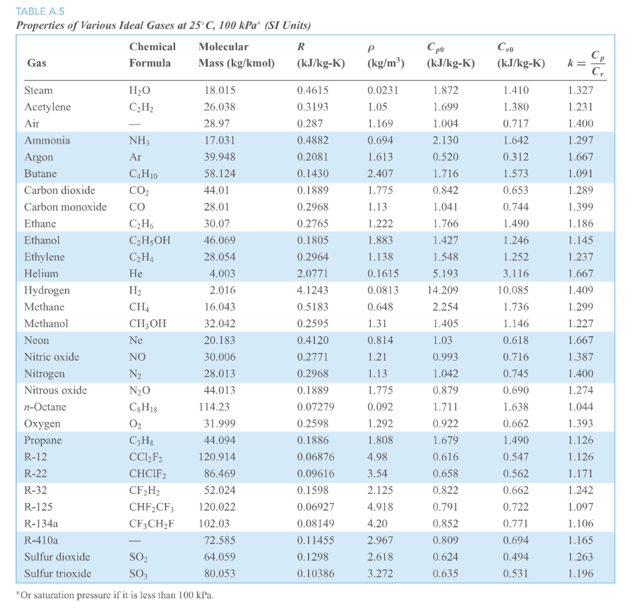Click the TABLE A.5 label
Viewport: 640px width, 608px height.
[40, 11]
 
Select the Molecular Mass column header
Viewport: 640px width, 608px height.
[236, 55]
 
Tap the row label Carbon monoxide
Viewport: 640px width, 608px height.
[65, 207]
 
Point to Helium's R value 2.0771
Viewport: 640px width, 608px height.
[313, 274]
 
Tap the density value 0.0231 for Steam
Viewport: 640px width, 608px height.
[382, 90]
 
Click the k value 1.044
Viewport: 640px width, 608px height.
[581, 407]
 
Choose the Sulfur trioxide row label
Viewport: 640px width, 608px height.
[57, 573]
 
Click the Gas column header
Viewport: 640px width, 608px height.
[36, 63]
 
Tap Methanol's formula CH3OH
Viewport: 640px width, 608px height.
[147, 324]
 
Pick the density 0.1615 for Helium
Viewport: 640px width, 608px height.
[382, 274]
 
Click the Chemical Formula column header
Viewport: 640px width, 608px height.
[152, 55]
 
